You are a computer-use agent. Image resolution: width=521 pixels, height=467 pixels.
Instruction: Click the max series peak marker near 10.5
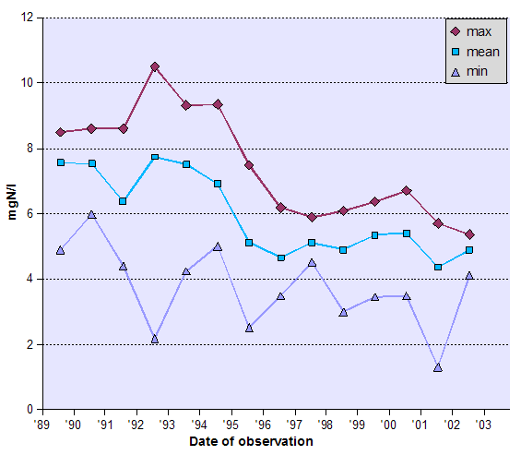pyautogui.click(x=155, y=66)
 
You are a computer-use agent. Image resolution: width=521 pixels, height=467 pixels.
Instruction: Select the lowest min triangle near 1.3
pyautogui.click(x=438, y=367)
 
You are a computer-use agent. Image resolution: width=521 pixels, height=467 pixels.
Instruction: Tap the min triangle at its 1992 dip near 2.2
pyautogui.click(x=155, y=339)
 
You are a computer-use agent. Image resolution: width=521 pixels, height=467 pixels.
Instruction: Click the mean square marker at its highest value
pyautogui.click(x=155, y=158)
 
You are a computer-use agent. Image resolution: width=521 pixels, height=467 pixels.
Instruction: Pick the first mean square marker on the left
pyautogui.click(x=61, y=162)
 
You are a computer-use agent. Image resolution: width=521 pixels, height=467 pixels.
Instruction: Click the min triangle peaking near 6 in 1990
pyautogui.click(x=92, y=215)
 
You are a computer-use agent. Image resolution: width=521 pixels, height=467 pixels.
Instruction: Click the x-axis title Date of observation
pyautogui.click(x=251, y=442)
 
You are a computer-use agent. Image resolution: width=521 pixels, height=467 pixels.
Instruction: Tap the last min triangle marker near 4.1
pyautogui.click(x=469, y=275)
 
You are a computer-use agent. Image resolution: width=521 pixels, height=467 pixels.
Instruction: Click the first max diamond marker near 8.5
pyautogui.click(x=61, y=132)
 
